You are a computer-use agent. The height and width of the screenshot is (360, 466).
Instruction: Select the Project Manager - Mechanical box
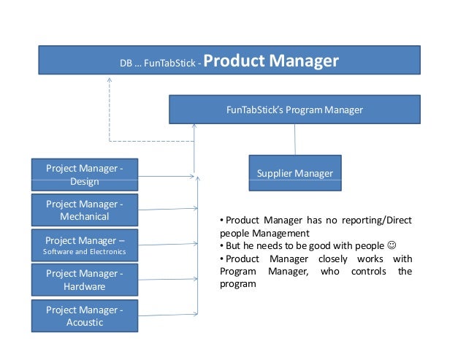pyautogui.click(x=85, y=210)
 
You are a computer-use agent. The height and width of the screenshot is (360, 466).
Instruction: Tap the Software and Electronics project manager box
pyautogui.click(x=85, y=245)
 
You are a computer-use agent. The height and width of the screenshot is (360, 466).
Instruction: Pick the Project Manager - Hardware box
pyautogui.click(x=85, y=280)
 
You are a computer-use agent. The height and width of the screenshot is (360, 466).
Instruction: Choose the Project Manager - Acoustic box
pyautogui.click(x=85, y=316)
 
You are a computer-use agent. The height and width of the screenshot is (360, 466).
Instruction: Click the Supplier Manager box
pyautogui.click(x=294, y=173)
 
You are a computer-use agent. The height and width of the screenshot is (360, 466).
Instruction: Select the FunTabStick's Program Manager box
pyautogui.click(x=294, y=110)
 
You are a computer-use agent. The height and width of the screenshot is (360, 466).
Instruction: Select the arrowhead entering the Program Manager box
pyautogui.click(x=194, y=126)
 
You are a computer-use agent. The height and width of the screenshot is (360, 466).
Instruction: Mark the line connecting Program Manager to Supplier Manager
pyautogui.click(x=295, y=139)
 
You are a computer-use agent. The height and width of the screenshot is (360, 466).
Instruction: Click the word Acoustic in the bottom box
pyautogui.click(x=85, y=323)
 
